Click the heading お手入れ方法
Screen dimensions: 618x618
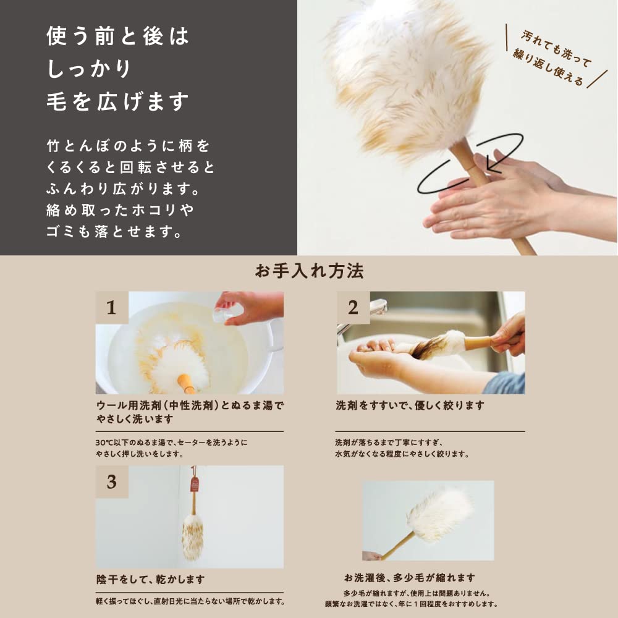[309, 271]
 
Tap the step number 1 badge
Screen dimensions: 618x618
[112, 307]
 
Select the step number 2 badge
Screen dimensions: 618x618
[353, 307]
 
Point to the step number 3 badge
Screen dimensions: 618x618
[112, 481]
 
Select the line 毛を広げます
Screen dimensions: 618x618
[117, 102]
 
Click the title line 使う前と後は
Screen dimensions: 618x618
[117, 36]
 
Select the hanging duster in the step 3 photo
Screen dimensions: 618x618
[192, 531]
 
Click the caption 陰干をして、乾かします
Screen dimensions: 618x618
[150, 580]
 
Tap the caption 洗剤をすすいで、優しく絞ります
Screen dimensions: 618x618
[410, 406]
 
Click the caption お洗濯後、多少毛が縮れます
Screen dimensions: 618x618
[410, 578]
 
